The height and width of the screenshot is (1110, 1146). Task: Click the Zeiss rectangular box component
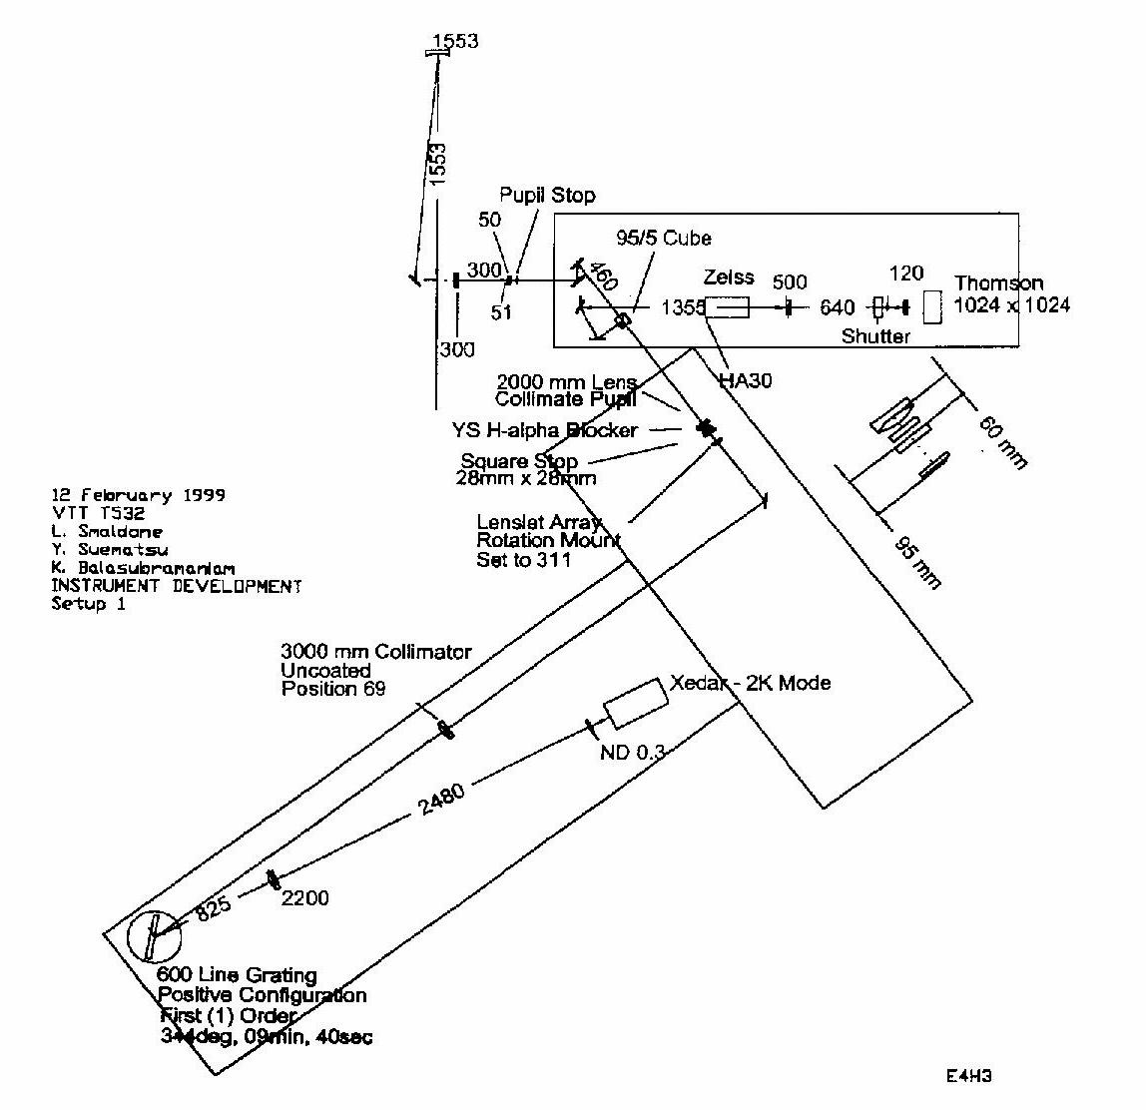pos(728,306)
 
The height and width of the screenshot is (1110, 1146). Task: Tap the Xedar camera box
pos(635,703)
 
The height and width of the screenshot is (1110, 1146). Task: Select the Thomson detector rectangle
pos(931,306)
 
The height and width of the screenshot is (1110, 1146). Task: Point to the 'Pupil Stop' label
pos(547,196)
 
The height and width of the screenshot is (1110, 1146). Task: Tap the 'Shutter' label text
pos(875,336)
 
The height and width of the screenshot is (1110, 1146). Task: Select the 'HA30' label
pos(746,379)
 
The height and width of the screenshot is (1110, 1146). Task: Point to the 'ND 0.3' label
pos(632,753)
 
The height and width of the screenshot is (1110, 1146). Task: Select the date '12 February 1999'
pos(138,495)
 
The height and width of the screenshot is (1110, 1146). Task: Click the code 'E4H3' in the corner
pos(967,1076)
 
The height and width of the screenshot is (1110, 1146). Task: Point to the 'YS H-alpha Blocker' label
pos(544,431)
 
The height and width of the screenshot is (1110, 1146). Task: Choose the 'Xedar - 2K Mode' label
pos(750,683)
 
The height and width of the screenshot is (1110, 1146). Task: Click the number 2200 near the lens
pos(305,898)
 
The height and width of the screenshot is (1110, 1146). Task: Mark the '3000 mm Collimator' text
pos(375,653)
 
